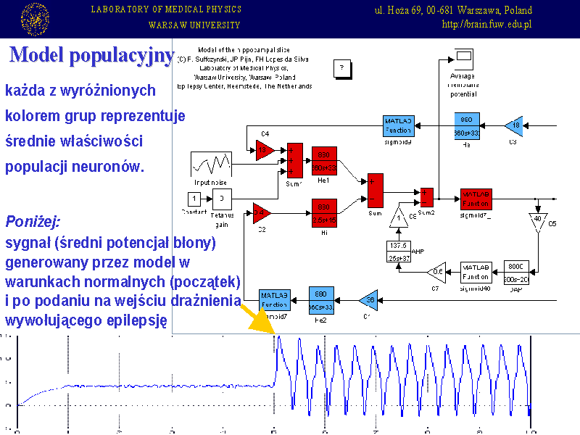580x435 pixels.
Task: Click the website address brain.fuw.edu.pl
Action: pyautogui.click(x=486, y=24)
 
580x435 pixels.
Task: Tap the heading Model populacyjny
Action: pyautogui.click(x=91, y=55)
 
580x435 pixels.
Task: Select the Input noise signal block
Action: pyautogui.click(x=211, y=162)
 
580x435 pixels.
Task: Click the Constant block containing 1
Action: pyautogui.click(x=194, y=198)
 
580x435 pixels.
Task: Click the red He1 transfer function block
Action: pyautogui.click(x=324, y=160)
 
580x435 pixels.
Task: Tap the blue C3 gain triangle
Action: pyautogui.click(x=515, y=126)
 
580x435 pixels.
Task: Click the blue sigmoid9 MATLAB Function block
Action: pyautogui.click(x=398, y=125)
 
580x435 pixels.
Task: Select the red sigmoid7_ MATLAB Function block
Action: pyautogui.click(x=476, y=199)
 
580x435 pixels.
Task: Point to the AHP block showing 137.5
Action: pyautogui.click(x=398, y=251)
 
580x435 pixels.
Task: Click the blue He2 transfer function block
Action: pyautogui.click(x=322, y=299)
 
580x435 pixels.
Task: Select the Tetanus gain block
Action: pyautogui.click(x=222, y=198)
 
